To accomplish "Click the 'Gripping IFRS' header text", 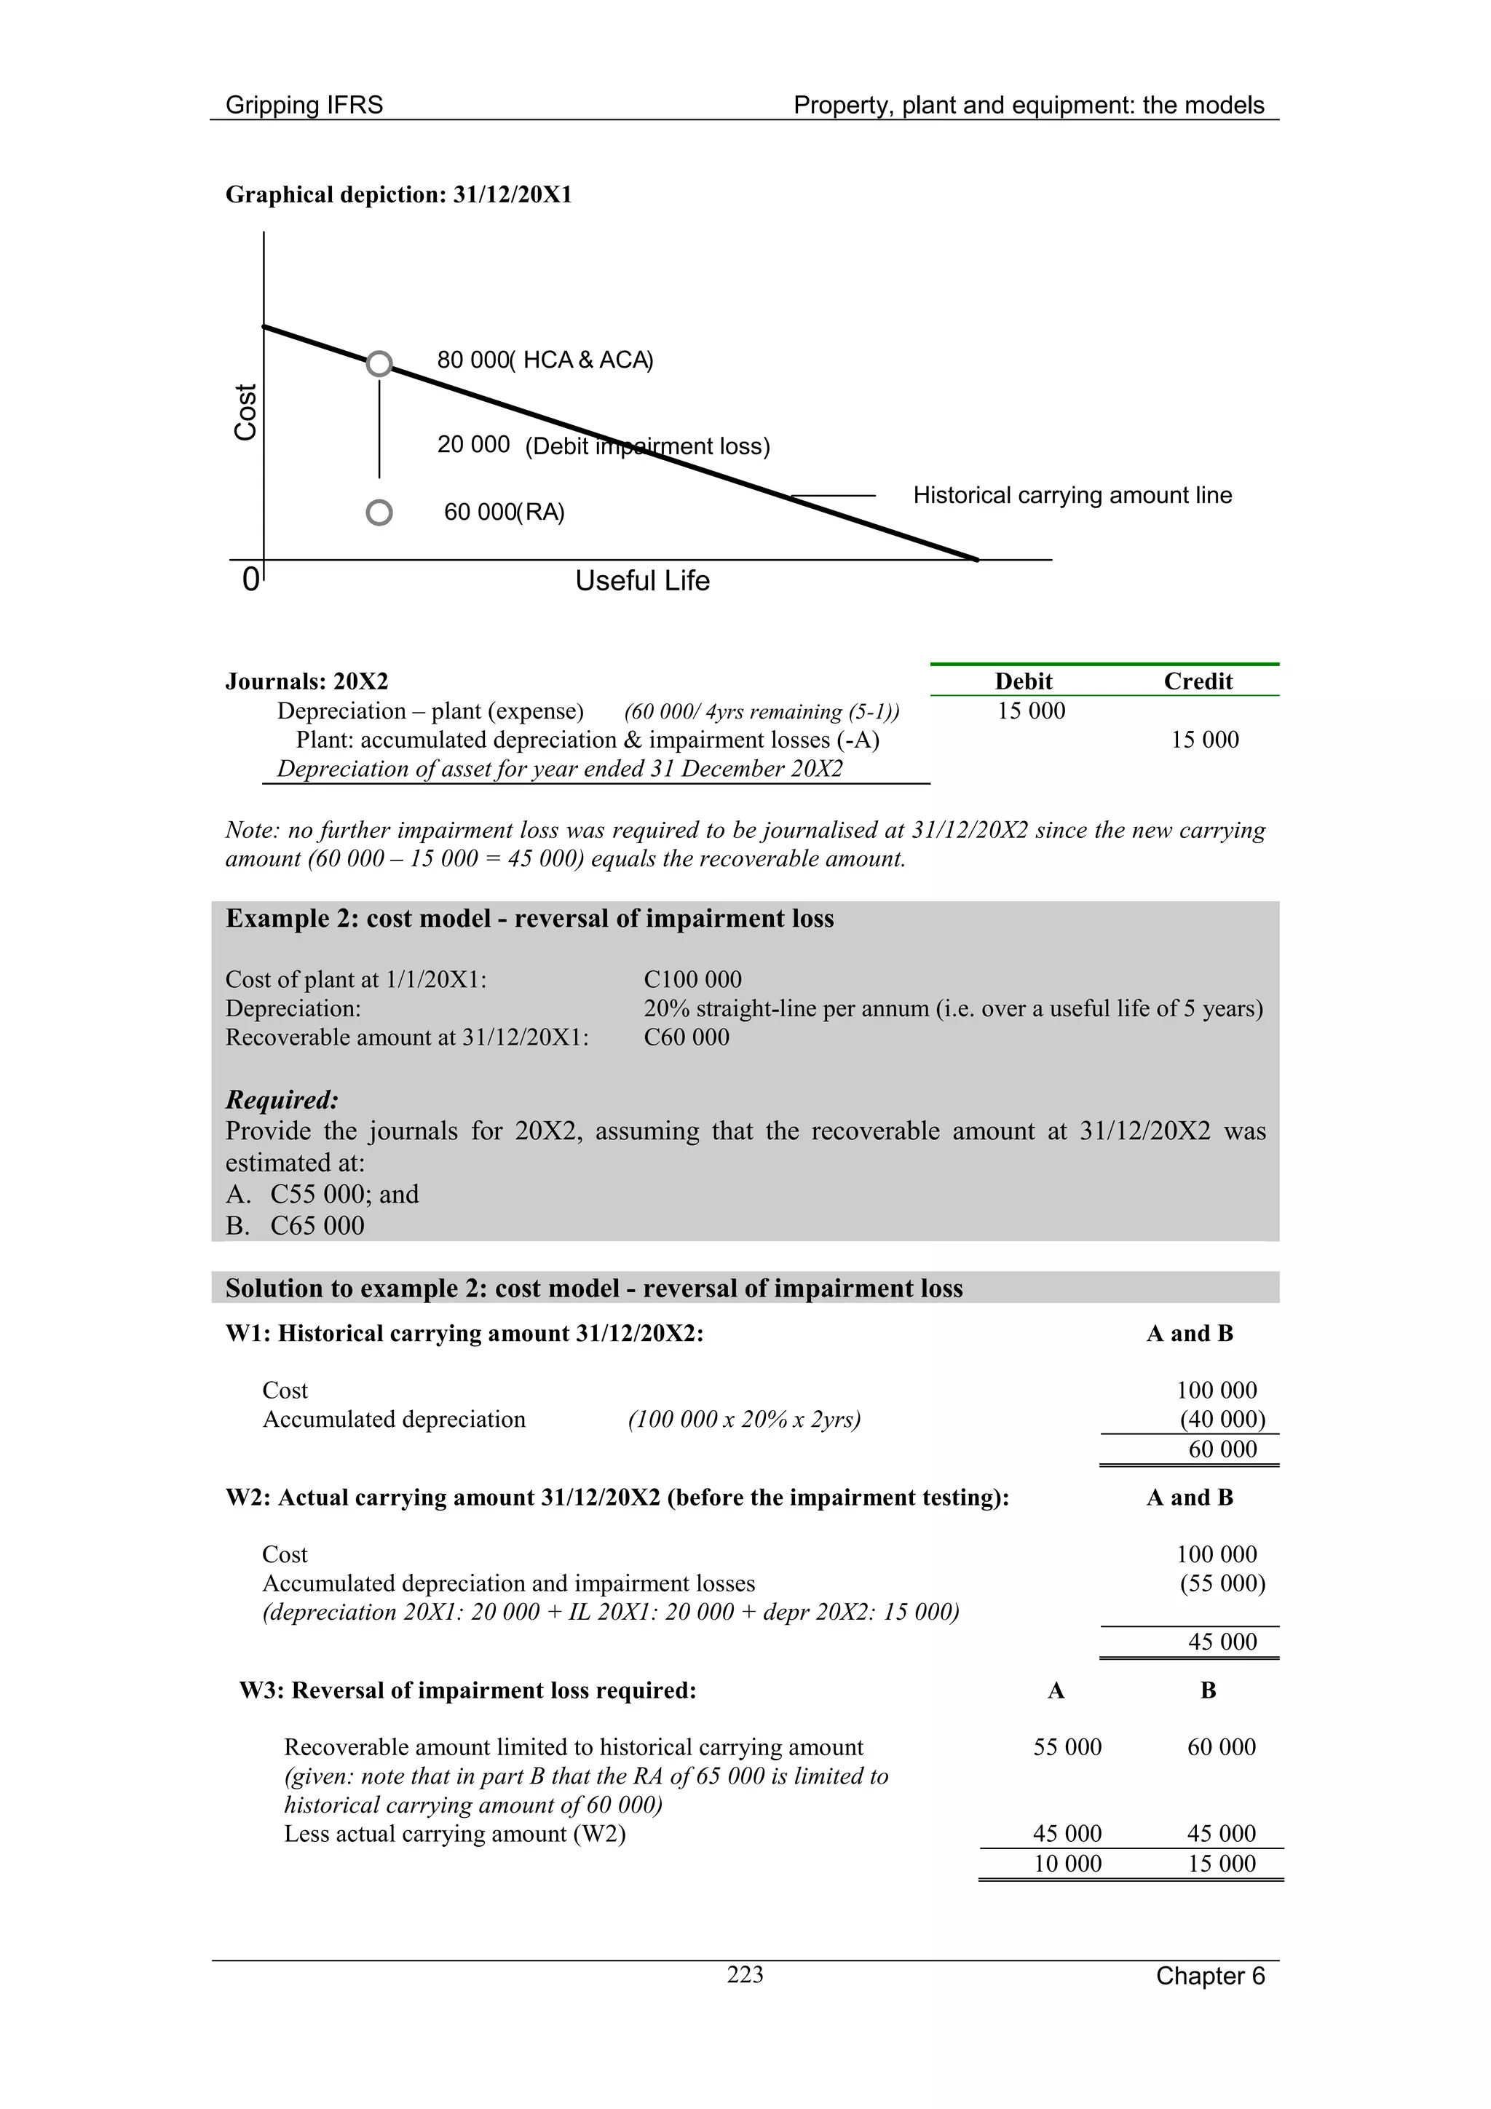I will tap(304, 105).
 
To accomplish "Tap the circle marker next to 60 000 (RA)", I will tap(379, 513).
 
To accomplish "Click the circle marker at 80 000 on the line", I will tap(379, 364).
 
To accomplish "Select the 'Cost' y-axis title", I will tap(245, 413).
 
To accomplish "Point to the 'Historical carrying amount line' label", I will tap(1072, 495).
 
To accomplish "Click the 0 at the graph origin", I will tap(250, 580).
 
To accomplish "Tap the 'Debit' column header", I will tap(1024, 681).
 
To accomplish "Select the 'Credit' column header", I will tap(1198, 681).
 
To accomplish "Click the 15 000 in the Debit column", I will tap(1031, 711).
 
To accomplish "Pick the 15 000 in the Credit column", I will tap(1204, 740).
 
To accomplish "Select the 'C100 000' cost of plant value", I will tap(692, 979).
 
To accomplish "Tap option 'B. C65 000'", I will tap(295, 1225).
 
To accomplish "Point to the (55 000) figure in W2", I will tap(1222, 1583).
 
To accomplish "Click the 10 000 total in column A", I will tap(1067, 1863).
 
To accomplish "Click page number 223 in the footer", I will tap(745, 1974).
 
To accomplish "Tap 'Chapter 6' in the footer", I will tap(1210, 1976).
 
